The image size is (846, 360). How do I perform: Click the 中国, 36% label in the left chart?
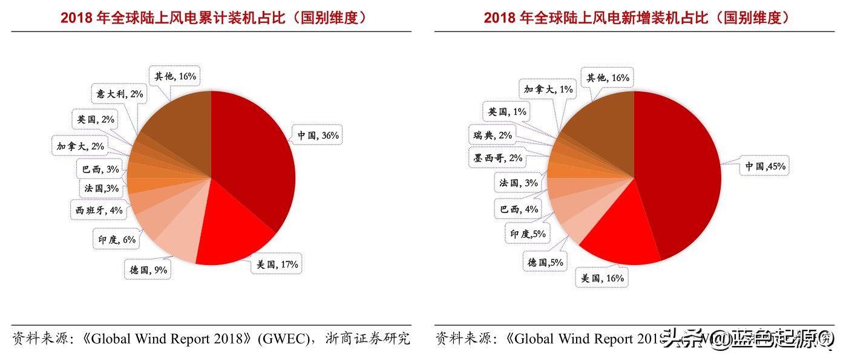point(317,136)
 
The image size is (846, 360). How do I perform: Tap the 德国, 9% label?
point(148,270)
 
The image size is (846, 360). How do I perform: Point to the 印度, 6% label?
point(117,240)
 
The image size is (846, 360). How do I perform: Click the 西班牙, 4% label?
point(99,211)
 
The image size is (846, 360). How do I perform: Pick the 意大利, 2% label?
point(119,94)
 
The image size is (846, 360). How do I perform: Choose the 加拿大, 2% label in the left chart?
point(80,146)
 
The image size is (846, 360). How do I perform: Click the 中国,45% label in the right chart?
point(765,166)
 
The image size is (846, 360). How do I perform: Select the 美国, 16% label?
point(602,278)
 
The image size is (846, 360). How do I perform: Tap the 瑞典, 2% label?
point(493,136)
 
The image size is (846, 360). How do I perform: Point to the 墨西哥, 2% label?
point(497,159)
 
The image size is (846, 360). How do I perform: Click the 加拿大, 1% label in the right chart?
point(548,90)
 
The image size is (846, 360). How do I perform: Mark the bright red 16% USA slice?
point(623,236)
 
